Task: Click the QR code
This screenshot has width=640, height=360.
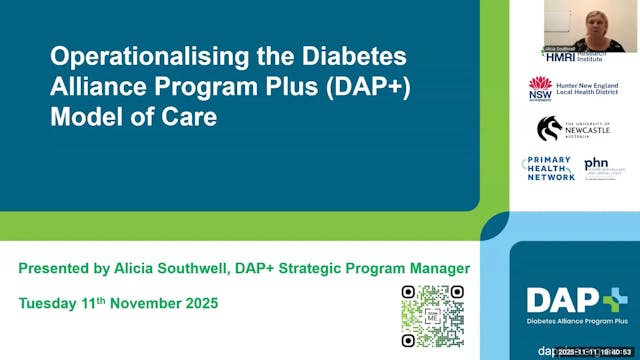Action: click(433, 316)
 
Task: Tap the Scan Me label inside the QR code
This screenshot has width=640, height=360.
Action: click(433, 315)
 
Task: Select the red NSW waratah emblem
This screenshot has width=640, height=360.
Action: click(541, 88)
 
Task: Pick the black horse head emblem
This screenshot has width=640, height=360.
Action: click(549, 128)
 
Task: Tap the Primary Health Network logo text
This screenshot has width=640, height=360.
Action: click(548, 168)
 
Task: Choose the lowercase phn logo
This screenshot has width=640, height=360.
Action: click(596, 163)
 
